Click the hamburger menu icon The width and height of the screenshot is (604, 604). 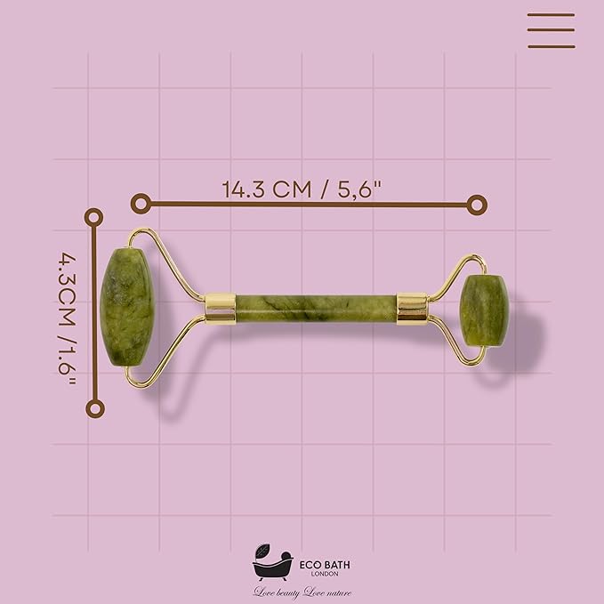[x=551, y=30]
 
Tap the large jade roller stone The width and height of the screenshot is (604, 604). [x=126, y=308]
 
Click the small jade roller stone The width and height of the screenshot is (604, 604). [x=483, y=310]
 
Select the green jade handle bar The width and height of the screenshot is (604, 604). [x=316, y=308]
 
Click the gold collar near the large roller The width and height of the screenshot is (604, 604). [x=220, y=308]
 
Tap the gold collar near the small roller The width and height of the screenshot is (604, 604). [x=411, y=308]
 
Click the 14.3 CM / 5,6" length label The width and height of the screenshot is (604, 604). [x=307, y=189]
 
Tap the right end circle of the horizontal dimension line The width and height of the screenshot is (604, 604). [x=478, y=205]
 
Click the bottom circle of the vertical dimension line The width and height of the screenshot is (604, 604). [x=94, y=408]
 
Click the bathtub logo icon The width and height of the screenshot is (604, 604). [x=272, y=565]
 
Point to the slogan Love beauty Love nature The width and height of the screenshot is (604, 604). [x=302, y=592]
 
